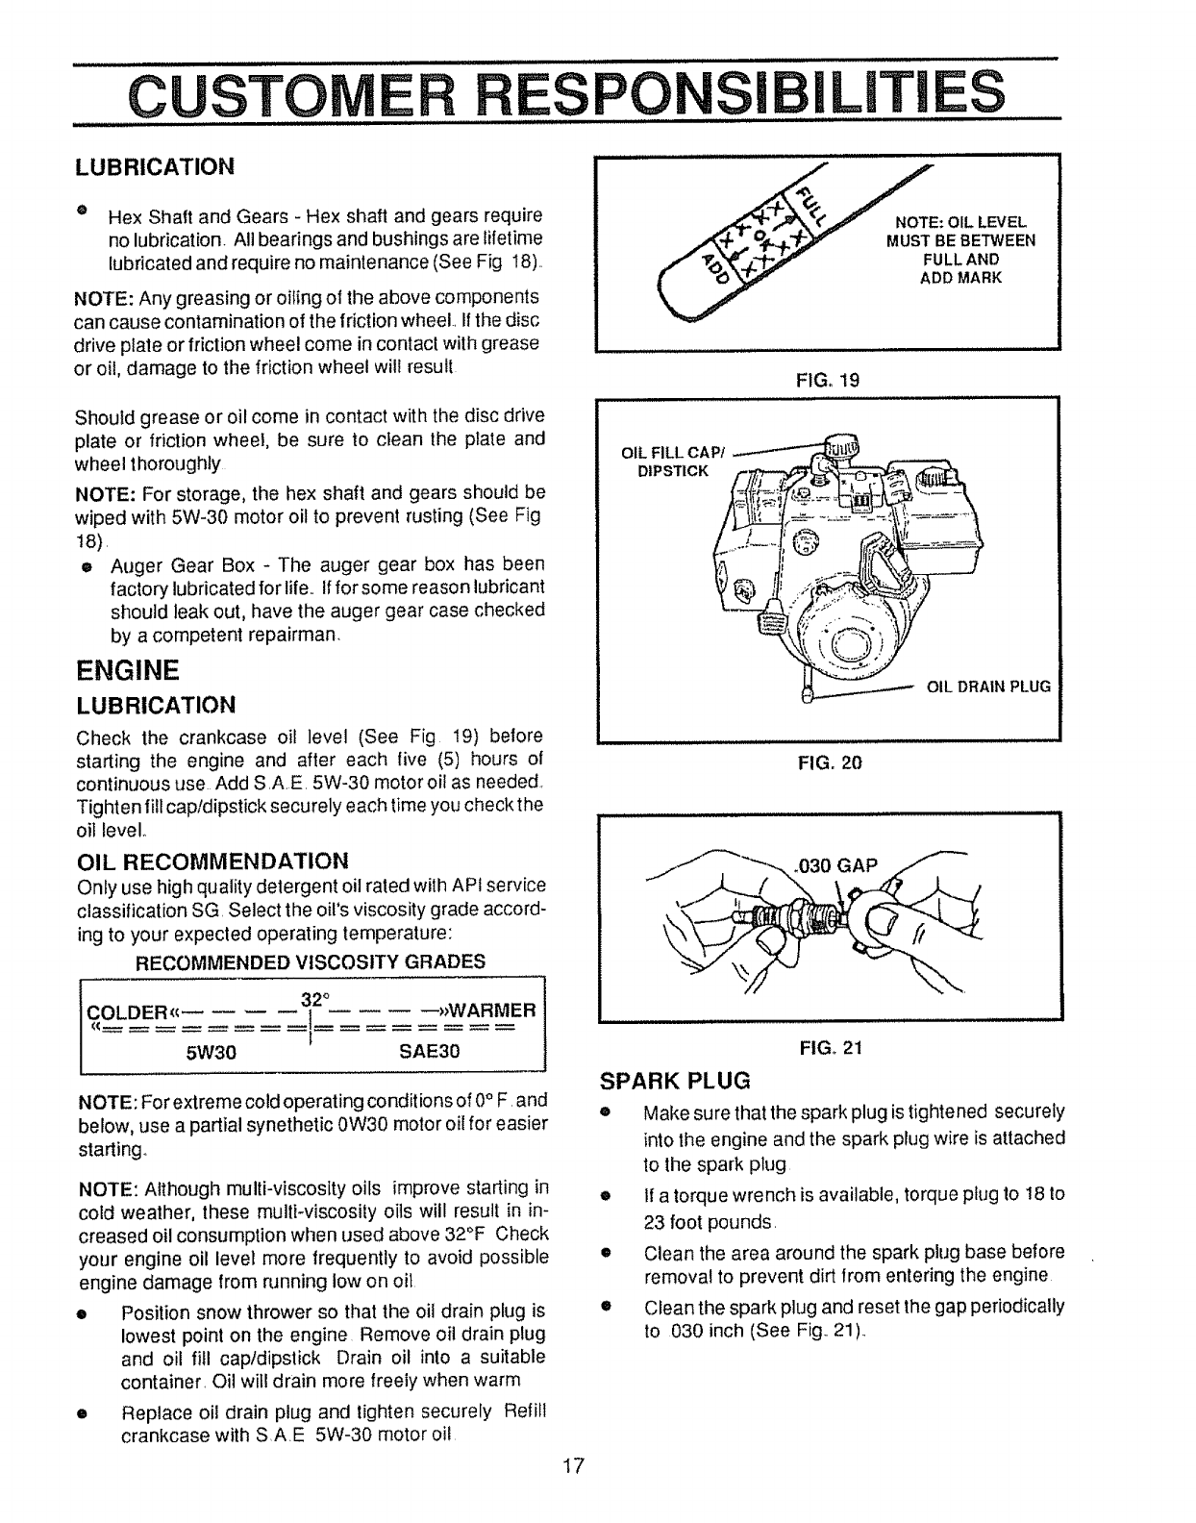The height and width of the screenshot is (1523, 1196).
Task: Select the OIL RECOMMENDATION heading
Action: (212, 859)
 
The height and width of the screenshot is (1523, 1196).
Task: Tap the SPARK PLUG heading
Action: (675, 1080)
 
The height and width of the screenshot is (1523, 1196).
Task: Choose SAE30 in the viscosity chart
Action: (430, 1051)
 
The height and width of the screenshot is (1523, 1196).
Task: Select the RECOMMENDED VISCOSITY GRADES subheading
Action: (311, 961)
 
